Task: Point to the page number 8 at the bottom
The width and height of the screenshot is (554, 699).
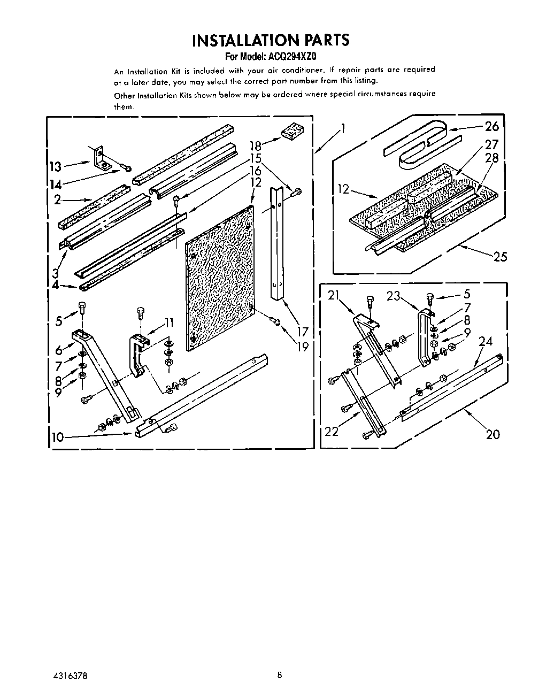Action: pos(280,675)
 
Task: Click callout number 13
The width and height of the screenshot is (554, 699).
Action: pos(55,166)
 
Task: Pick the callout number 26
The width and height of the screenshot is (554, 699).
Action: pos(491,126)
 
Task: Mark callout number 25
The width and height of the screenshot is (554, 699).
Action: pos(499,257)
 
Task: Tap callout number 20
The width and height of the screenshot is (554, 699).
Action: pos(493,434)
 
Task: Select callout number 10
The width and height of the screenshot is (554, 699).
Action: pos(57,437)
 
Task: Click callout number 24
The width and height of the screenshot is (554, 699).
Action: pos(485,341)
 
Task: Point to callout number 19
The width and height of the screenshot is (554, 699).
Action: pos(303,347)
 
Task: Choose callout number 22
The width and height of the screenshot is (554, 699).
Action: pos(332,431)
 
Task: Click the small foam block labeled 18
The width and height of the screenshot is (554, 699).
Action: pos(293,131)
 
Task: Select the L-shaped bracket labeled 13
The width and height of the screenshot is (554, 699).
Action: pos(100,158)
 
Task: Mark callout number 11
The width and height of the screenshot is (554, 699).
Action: pos(170,322)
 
